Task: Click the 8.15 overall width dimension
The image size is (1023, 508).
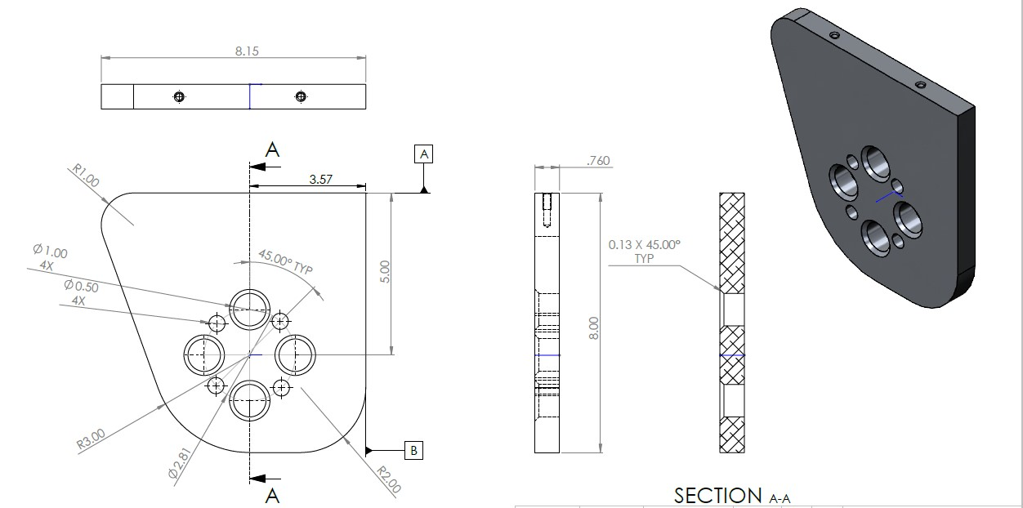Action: point(244,51)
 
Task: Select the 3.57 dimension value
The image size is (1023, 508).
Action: point(320,178)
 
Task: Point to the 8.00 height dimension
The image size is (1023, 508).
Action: point(594,328)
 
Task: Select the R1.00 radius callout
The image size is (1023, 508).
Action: point(86,176)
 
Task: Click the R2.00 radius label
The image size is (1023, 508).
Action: point(389,479)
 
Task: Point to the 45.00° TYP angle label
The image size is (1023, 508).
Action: point(286,263)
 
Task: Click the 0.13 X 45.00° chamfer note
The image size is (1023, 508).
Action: point(644,250)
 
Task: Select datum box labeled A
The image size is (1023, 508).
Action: point(423,154)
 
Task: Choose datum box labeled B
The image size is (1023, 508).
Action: point(414,449)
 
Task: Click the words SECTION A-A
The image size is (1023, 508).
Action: point(732,495)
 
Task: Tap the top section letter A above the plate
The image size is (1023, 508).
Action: point(273,149)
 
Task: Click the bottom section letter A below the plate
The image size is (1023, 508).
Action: point(273,495)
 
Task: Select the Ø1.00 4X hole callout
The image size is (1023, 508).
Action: point(51,258)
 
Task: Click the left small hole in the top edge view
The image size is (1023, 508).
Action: point(179,97)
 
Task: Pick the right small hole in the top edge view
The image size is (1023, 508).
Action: point(301,97)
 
